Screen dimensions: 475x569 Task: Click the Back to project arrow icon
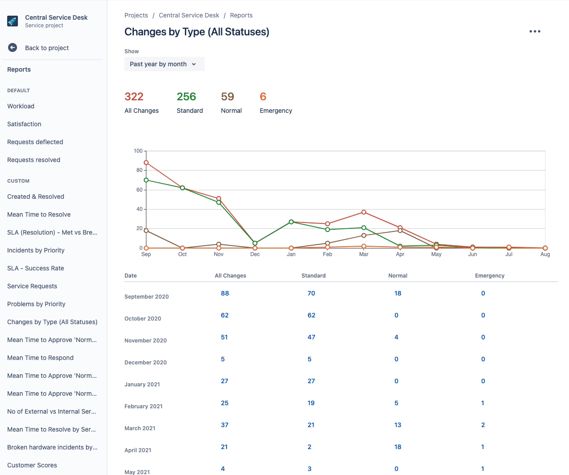point(13,48)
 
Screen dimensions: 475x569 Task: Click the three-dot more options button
point(535,31)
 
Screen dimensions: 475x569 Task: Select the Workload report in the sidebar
point(21,106)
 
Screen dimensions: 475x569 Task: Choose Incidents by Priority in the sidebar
point(36,250)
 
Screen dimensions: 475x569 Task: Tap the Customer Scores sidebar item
point(32,465)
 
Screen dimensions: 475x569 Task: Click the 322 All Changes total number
point(134,97)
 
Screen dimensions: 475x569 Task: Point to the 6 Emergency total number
point(263,97)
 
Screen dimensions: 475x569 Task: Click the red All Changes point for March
point(364,212)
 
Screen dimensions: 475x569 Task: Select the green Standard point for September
point(146,180)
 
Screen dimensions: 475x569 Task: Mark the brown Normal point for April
point(400,231)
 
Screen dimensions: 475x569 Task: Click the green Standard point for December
point(255,243)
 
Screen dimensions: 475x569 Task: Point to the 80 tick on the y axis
point(139,170)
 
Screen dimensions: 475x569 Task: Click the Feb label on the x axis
point(327,254)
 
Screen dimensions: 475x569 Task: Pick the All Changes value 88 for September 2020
point(225,293)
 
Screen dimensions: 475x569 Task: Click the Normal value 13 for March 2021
point(398,425)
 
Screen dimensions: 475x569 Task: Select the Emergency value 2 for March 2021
point(483,425)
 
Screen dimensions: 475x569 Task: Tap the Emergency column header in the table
point(489,276)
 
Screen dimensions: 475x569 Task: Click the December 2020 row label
point(145,363)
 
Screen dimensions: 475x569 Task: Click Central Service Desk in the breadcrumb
point(189,15)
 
